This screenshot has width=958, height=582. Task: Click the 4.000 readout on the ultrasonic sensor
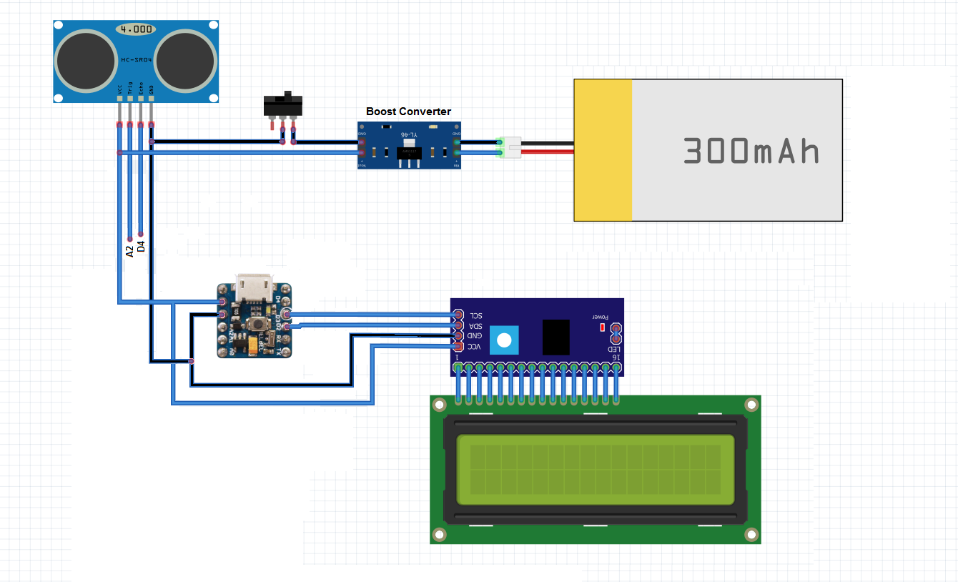click(x=135, y=29)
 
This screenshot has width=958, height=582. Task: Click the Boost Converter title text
click(x=408, y=112)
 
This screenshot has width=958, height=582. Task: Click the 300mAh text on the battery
click(x=751, y=151)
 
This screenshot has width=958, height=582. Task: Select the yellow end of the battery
click(x=603, y=149)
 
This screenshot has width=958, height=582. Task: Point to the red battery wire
click(x=547, y=152)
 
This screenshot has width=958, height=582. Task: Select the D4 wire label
click(x=141, y=247)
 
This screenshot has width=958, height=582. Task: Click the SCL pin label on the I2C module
click(x=475, y=315)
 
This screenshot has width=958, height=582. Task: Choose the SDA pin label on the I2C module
click(x=475, y=325)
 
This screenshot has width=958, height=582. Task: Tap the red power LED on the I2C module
click(x=602, y=327)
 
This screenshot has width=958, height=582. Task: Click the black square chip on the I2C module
click(x=555, y=337)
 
